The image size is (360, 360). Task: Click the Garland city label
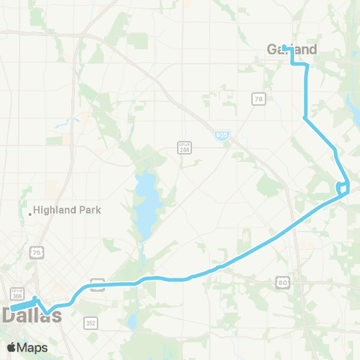click(x=291, y=49)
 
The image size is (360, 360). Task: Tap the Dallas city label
click(x=31, y=316)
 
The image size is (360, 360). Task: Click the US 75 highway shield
click(x=37, y=253)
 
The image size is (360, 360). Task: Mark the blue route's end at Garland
click(x=284, y=46)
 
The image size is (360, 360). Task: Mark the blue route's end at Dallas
click(x=11, y=307)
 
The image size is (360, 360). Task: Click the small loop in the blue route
click(x=343, y=187)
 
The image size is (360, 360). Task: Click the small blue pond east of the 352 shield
click(x=132, y=319)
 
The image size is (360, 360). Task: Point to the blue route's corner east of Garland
click(x=306, y=65)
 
